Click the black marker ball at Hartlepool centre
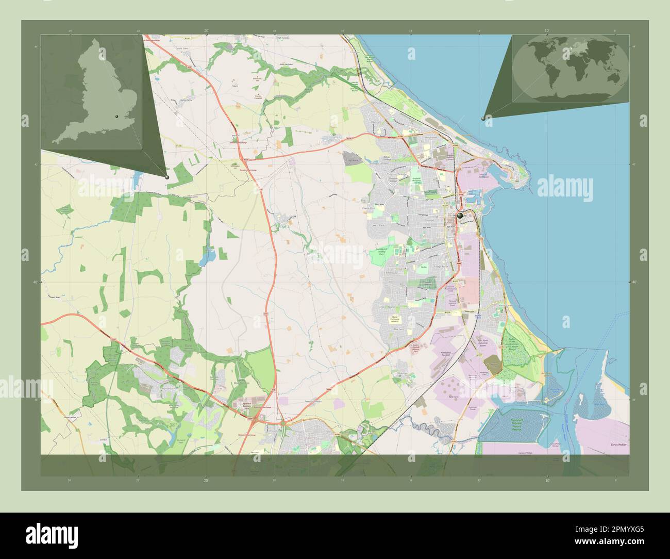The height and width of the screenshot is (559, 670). (460, 216)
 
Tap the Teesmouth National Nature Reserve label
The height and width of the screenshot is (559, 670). (520, 425)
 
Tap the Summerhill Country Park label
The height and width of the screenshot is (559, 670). (382, 252)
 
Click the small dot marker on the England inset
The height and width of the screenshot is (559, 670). (118, 117)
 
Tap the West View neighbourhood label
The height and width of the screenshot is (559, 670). (430, 138)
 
